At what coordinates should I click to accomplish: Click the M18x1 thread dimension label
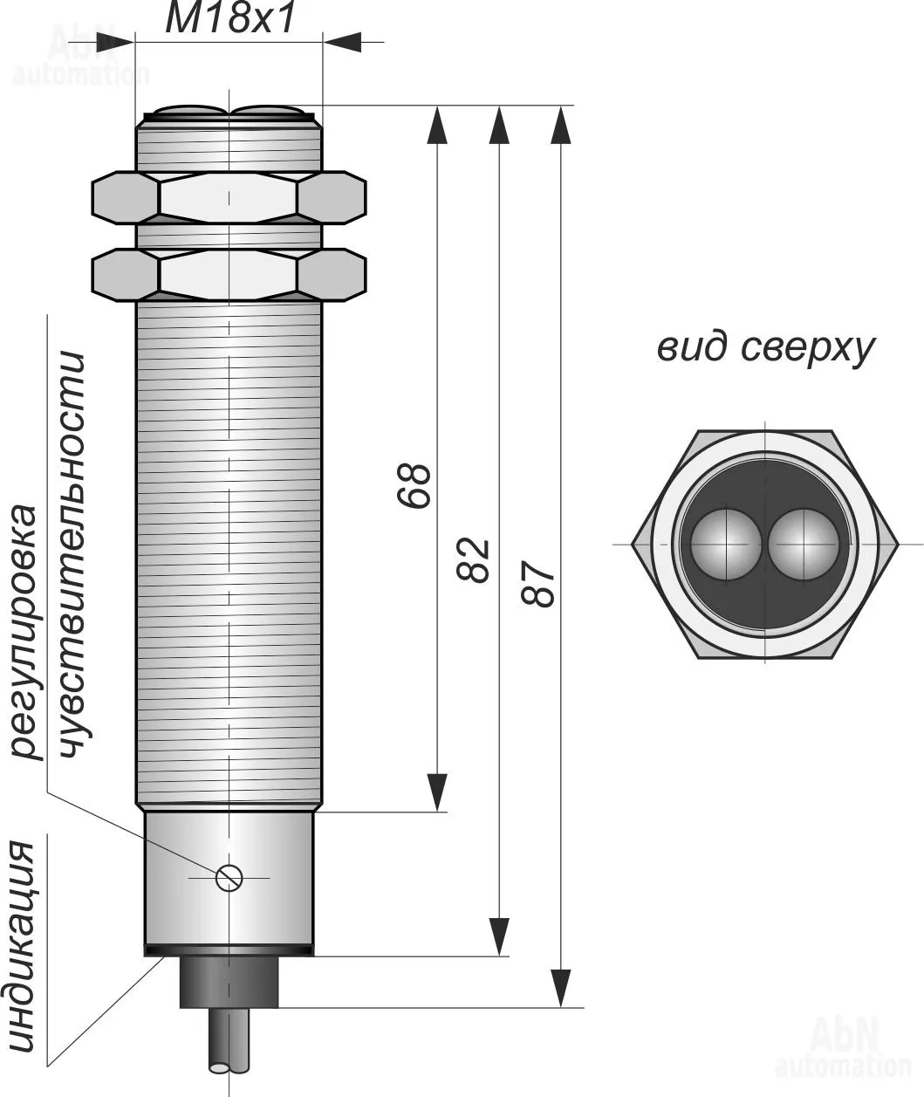[x=230, y=19]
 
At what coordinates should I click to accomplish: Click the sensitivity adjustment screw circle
[x=229, y=877]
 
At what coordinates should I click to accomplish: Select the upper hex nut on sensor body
[x=229, y=197]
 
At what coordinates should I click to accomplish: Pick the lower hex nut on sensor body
[x=229, y=275]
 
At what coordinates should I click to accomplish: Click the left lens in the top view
[x=726, y=544]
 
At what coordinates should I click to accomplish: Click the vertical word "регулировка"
[x=26, y=633]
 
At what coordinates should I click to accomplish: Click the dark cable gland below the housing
[x=229, y=982]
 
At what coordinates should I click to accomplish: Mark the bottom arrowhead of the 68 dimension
[x=437, y=792]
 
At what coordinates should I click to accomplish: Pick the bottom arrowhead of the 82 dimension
[x=499, y=936]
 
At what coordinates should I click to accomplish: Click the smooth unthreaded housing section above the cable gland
[x=229, y=838]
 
